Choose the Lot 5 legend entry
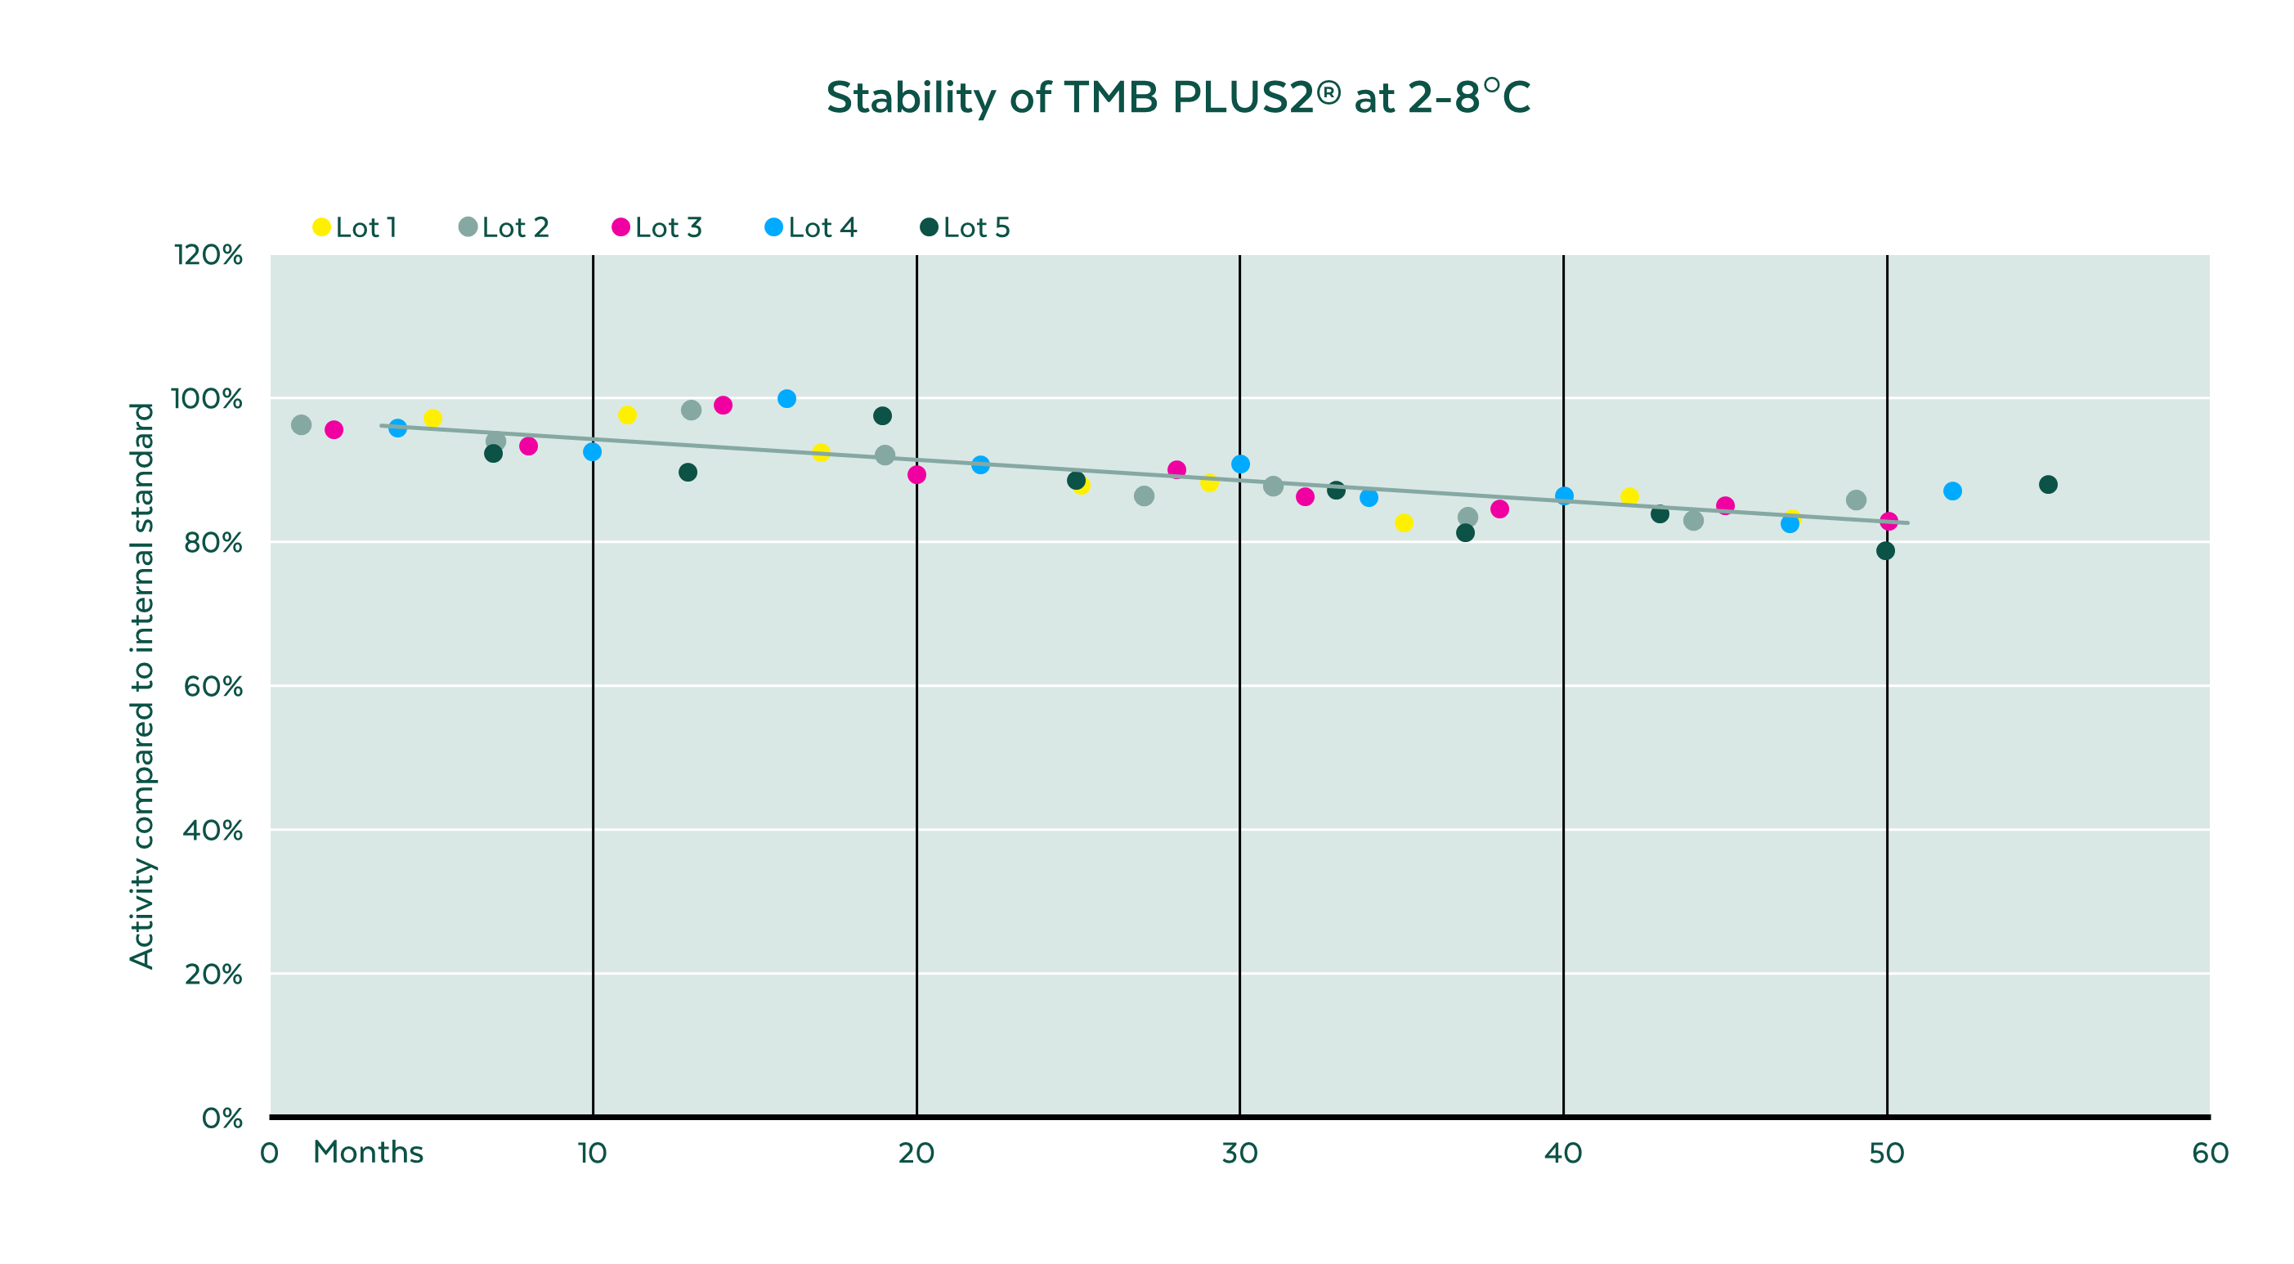[966, 228]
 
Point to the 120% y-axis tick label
[208, 256]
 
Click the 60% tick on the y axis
[213, 687]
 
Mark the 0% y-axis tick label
[222, 1118]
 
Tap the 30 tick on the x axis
[1239, 1154]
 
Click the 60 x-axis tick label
[2210, 1154]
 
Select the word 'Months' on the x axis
[368, 1153]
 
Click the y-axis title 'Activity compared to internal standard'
[142, 686]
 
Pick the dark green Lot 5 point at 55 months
[2048, 485]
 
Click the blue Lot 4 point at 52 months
[1952, 491]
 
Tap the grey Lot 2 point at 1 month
[301, 425]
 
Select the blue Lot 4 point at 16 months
[786, 399]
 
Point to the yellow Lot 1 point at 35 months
[1404, 523]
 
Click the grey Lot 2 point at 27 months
[1145, 496]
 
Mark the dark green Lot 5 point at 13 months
[688, 472]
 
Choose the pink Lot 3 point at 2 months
[334, 430]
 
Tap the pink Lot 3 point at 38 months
[1499, 509]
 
